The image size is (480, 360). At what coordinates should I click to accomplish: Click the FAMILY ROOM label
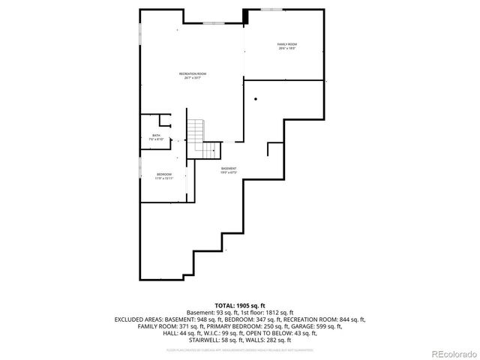pyautogui.click(x=286, y=46)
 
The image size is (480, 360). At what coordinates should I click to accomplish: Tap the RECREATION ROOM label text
pyautogui.click(x=193, y=75)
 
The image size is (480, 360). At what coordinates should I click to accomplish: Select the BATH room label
pyautogui.click(x=155, y=137)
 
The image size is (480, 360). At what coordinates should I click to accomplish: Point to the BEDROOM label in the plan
pyautogui.click(x=164, y=176)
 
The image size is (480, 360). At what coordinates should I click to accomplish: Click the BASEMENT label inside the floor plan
pyautogui.click(x=228, y=169)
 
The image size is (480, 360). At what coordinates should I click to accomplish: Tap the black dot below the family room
pyautogui.click(x=256, y=98)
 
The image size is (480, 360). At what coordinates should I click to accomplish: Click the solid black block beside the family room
pyautogui.click(x=245, y=16)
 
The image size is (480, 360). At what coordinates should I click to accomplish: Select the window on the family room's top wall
pyautogui.click(x=271, y=9)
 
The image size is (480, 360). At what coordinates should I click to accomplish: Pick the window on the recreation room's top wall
pyautogui.click(x=213, y=23)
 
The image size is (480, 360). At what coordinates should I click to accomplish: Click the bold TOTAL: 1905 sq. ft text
pyautogui.click(x=240, y=306)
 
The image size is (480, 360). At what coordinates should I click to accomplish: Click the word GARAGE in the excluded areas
pyautogui.click(x=319, y=326)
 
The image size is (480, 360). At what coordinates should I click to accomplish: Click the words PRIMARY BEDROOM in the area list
pyautogui.click(x=260, y=326)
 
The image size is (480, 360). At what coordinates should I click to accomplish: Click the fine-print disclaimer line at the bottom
pyautogui.click(x=240, y=349)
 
